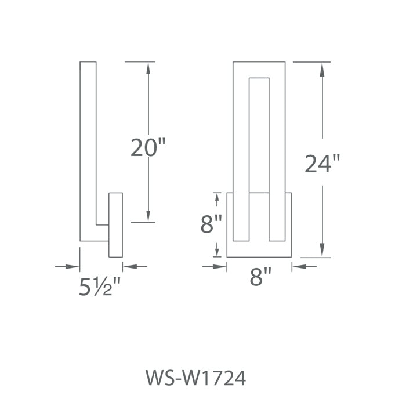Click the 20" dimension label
[x=148, y=147]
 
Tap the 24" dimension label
[x=322, y=163]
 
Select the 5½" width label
[x=100, y=287]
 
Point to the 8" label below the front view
[x=260, y=277]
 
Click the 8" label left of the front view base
[x=211, y=224]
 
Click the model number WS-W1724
[x=196, y=378]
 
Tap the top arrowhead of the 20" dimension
[x=148, y=68]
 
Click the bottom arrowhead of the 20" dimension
[x=148, y=216]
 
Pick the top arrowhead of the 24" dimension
[x=322, y=69]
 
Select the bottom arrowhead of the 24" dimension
[x=322, y=251]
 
